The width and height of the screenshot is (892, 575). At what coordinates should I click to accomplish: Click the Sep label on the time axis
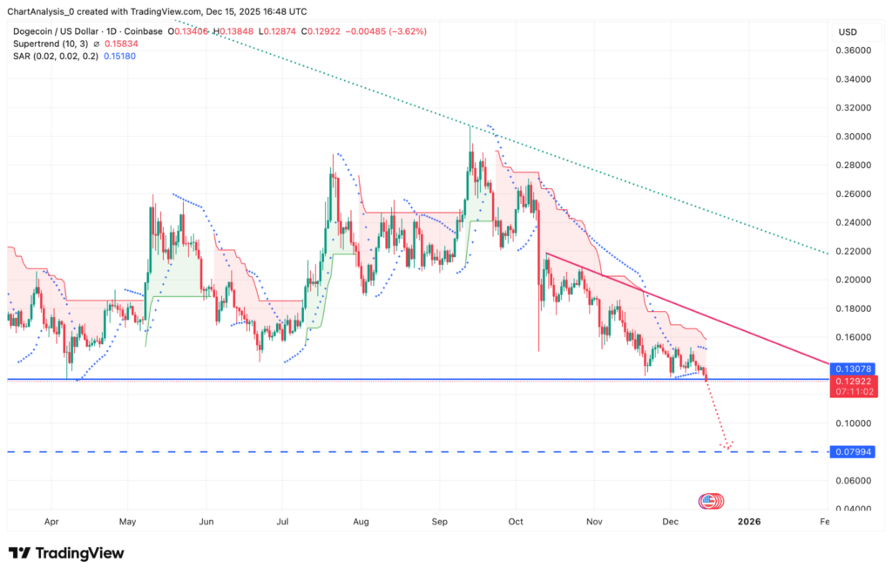(439, 521)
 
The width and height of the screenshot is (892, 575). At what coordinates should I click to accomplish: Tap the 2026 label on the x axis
(748, 521)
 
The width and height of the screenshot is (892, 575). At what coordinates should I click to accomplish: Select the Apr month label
(50, 521)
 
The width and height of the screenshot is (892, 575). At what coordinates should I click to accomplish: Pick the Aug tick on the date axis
(362, 521)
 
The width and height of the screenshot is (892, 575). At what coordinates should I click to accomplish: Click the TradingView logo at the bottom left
(66, 553)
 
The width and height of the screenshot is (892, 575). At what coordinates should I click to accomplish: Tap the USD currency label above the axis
(848, 31)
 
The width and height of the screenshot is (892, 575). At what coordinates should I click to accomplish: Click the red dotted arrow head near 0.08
(726, 446)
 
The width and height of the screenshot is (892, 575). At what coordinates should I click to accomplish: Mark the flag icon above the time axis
(710, 501)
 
